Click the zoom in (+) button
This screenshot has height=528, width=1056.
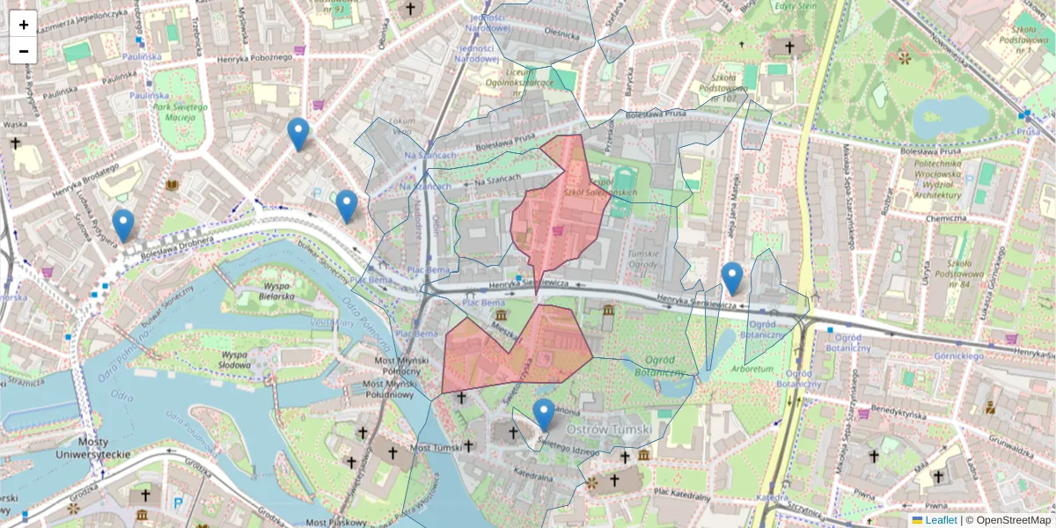click(x=24, y=24)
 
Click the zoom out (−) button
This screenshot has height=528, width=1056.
click(x=24, y=51)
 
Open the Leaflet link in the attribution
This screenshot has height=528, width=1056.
click(x=940, y=520)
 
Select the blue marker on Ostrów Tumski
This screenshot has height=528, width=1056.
click(x=544, y=414)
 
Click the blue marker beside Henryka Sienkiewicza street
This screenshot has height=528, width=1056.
click(x=731, y=278)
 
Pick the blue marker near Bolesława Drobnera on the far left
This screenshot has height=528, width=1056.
click(x=123, y=224)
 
